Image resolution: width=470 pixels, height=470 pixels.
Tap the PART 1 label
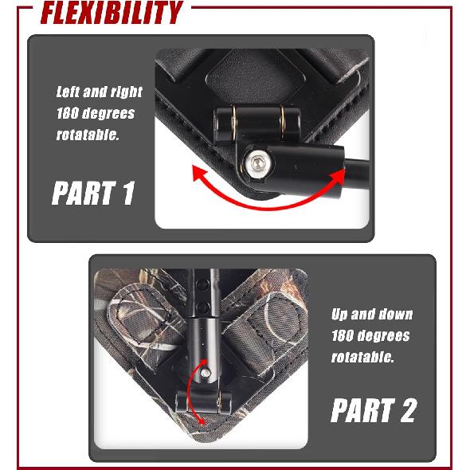[93, 194]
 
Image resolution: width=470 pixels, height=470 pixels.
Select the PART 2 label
[374, 410]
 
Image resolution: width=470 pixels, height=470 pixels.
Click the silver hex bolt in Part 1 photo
[258, 163]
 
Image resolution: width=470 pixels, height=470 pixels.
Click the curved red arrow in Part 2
[190, 390]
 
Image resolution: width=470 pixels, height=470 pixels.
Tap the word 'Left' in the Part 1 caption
[68, 92]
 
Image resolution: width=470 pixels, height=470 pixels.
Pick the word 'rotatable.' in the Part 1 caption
[88, 135]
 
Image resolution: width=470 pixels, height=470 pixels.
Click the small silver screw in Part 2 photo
[206, 373]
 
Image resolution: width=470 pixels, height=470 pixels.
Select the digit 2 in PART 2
[408, 410]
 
